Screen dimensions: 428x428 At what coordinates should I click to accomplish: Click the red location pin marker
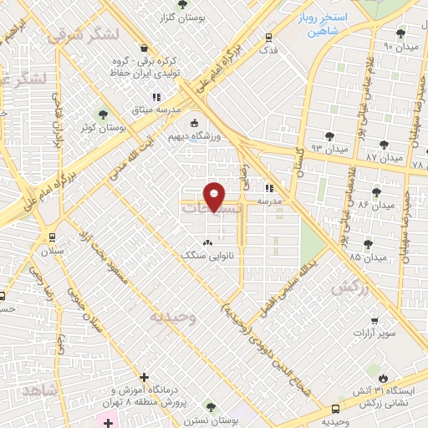[215, 196]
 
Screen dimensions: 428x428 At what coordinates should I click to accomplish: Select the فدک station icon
[267, 37]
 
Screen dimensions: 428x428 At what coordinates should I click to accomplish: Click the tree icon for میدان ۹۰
[401, 33]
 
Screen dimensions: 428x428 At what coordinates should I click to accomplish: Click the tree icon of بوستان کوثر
[104, 115]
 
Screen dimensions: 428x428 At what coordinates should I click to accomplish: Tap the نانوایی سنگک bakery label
[208, 257]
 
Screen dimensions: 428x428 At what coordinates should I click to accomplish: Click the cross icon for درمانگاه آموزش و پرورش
[145, 378]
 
